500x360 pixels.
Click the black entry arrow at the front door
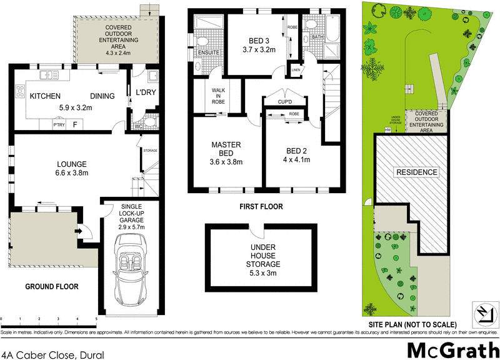79,231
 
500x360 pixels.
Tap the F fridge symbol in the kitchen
75,125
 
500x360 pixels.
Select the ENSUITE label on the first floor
207,53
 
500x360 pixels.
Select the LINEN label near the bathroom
296,69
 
